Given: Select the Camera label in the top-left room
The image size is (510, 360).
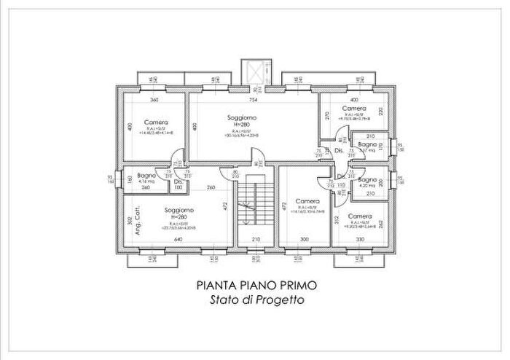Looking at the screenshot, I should [x=156, y=122].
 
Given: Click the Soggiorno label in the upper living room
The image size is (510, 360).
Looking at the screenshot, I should [x=241, y=117].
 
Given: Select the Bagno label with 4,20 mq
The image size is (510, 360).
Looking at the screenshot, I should [x=366, y=179].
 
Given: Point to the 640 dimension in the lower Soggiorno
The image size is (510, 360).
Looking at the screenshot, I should [x=178, y=239].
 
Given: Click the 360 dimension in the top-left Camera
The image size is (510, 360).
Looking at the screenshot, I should [x=154, y=100].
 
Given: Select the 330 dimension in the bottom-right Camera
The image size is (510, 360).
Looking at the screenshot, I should [x=359, y=239].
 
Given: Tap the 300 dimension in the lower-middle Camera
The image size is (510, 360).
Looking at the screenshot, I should [x=305, y=239].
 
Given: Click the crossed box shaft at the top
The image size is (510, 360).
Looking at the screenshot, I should [x=256, y=71].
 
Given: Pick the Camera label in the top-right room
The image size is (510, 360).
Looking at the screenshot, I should [x=354, y=109].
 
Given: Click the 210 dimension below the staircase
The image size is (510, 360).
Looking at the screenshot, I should [x=256, y=239].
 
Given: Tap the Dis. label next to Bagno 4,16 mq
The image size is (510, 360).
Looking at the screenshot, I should [x=178, y=181].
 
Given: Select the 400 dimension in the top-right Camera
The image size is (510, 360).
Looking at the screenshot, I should [x=354, y=100].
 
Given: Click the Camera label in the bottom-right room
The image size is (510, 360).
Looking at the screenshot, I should [x=359, y=216].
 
